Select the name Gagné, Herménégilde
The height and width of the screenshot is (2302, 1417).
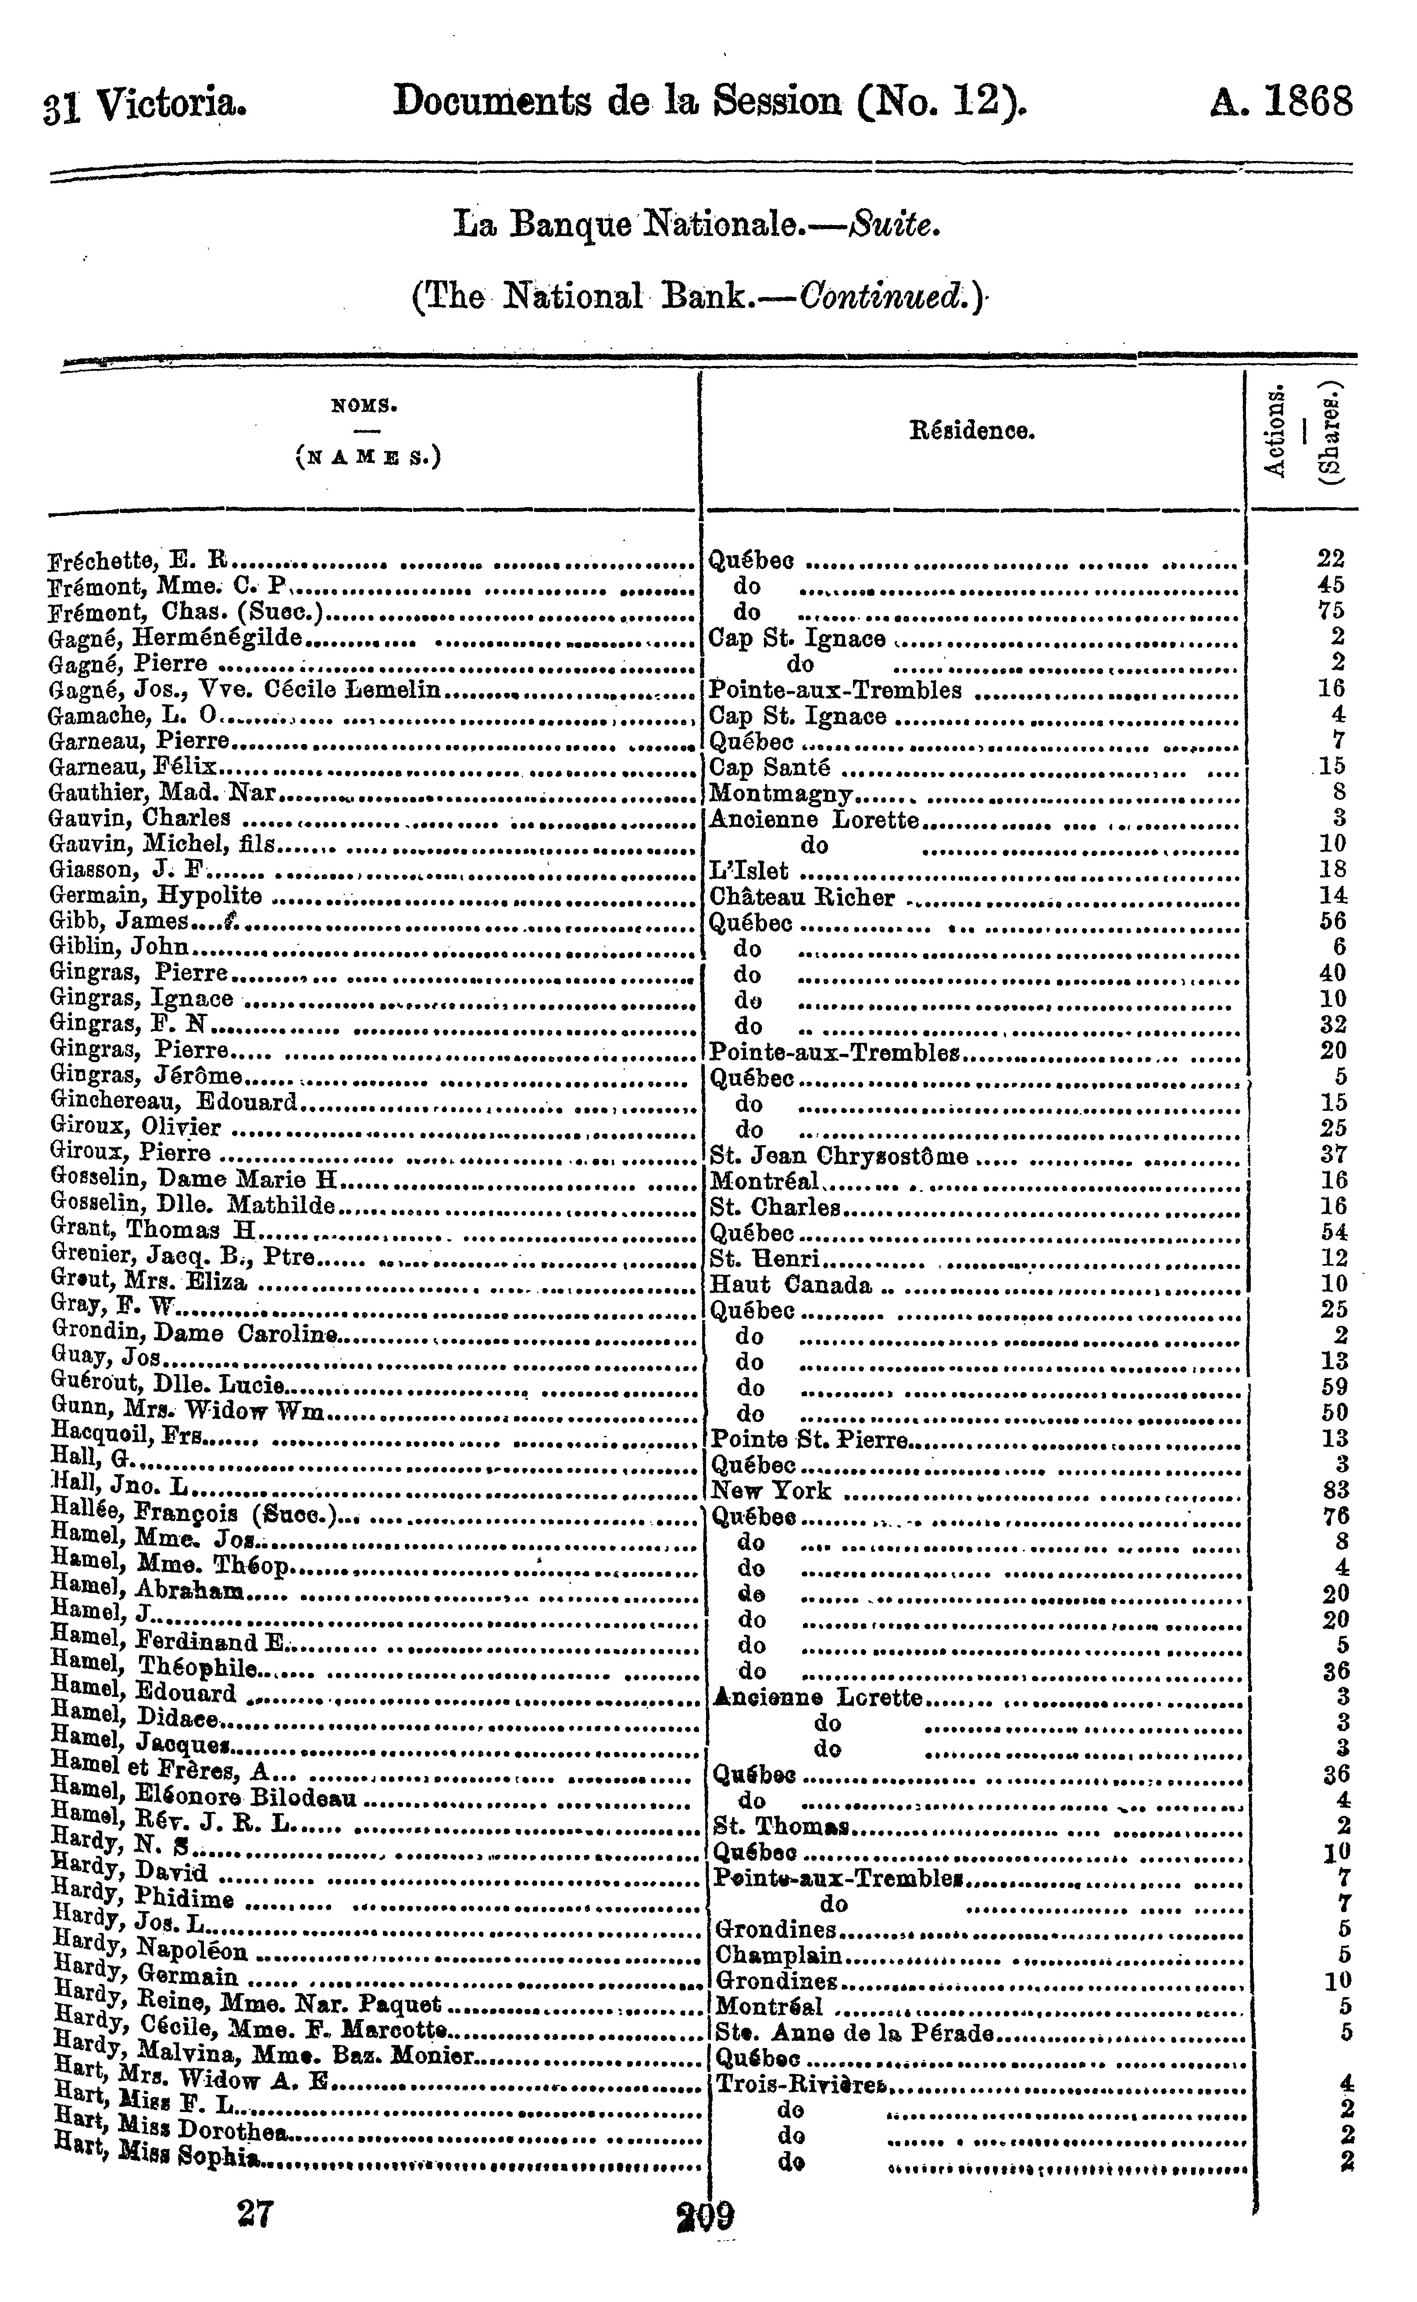click(x=175, y=638)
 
